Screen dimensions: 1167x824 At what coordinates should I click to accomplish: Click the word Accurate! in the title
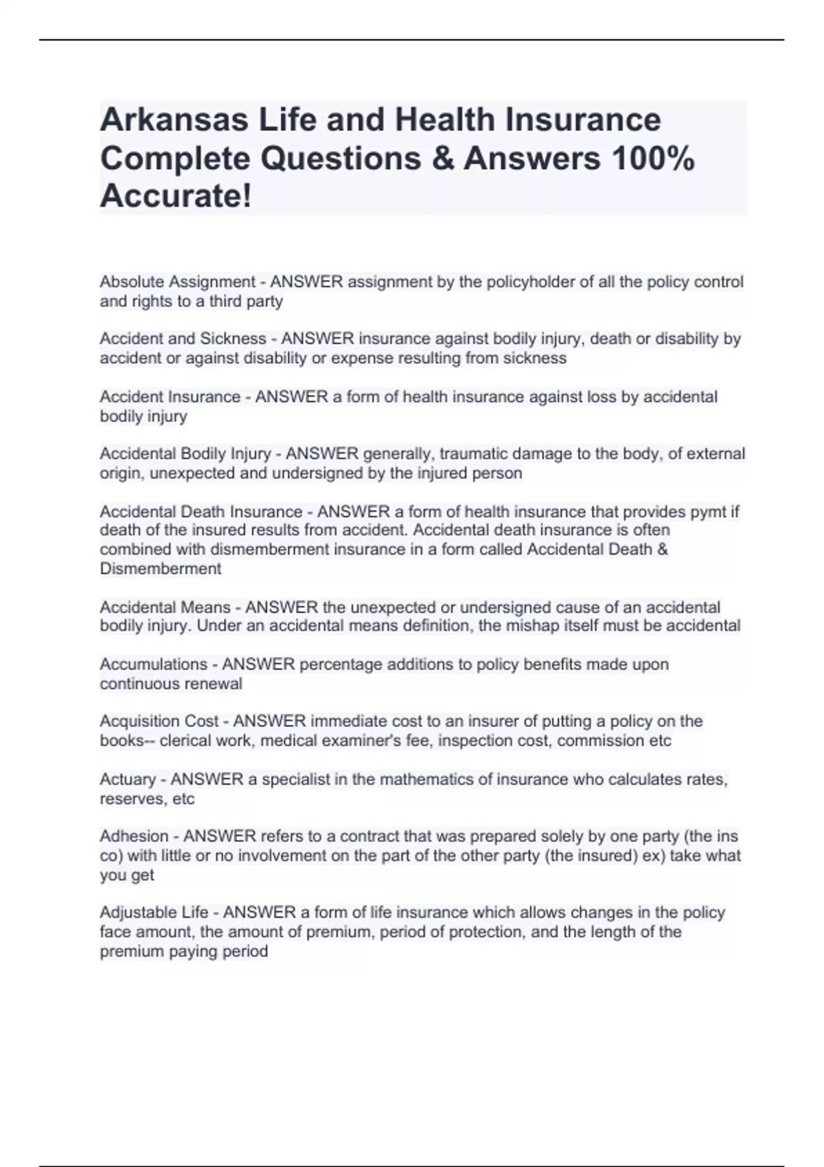tap(176, 196)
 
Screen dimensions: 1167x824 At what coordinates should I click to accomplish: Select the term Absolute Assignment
tap(177, 282)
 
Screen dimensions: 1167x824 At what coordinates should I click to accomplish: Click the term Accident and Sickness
tap(183, 339)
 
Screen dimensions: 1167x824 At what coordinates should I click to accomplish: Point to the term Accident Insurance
tap(170, 397)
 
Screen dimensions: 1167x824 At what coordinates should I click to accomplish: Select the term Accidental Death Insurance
tap(201, 511)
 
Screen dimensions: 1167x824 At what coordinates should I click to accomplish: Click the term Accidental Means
tap(165, 608)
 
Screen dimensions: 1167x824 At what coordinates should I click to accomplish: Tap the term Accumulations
tap(153, 665)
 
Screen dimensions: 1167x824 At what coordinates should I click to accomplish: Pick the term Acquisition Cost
tap(159, 721)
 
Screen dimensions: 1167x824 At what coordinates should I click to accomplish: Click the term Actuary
tap(128, 780)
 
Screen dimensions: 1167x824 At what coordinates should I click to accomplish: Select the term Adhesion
tap(134, 837)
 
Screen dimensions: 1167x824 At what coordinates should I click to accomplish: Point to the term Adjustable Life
tap(154, 913)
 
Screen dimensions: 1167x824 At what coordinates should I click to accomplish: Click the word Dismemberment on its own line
tap(161, 569)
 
